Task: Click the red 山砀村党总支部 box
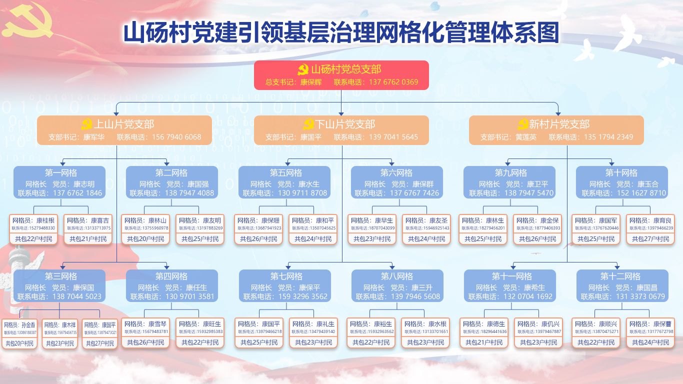[341, 75]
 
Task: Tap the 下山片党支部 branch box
[341, 130]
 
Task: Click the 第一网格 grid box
[59, 182]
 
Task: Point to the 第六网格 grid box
[396, 182]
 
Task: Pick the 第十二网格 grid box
[622, 285]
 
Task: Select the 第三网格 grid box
[59, 285]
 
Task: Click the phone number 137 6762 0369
[393, 82]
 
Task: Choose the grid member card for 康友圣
[426, 229]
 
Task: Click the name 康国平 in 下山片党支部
[311, 137]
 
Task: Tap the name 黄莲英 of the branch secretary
[526, 137]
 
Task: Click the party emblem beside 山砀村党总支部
[303, 69]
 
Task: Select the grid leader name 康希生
[534, 287]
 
